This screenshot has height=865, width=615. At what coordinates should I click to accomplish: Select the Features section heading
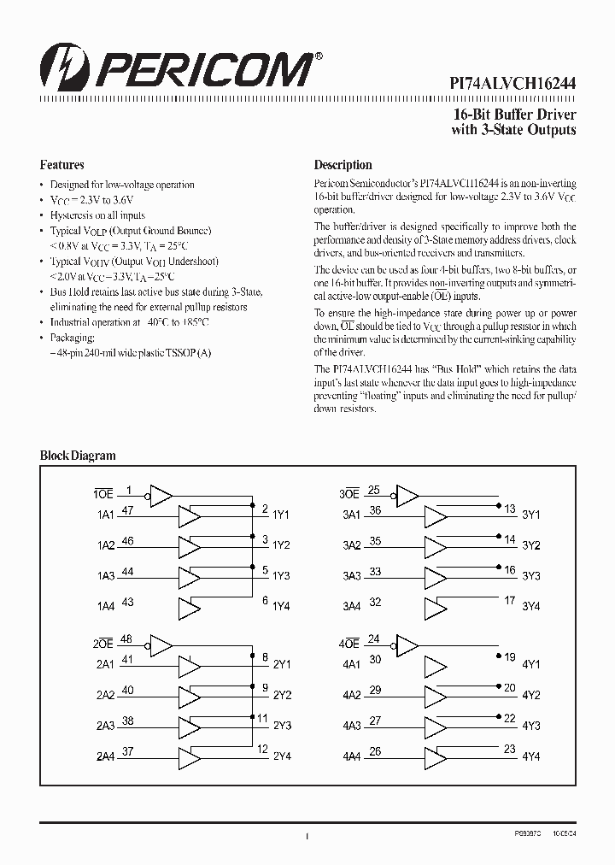tap(62, 165)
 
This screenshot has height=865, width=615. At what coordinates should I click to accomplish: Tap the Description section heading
tap(343, 165)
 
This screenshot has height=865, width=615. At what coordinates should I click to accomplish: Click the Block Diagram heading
tap(78, 456)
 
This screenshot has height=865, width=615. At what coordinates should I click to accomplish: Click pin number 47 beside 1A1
tap(127, 510)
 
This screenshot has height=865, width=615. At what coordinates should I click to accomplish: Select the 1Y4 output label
tap(281, 606)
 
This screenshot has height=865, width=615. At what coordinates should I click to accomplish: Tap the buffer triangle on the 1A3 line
tap(188, 577)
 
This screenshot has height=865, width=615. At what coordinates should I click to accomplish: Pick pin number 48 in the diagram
tap(127, 638)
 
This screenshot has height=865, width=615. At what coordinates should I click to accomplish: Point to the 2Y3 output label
tap(281, 726)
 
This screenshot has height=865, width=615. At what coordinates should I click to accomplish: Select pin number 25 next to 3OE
tap(374, 490)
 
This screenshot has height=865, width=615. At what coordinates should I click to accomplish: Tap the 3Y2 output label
tap(531, 545)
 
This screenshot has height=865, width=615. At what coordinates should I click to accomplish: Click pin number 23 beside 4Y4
tap(510, 750)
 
